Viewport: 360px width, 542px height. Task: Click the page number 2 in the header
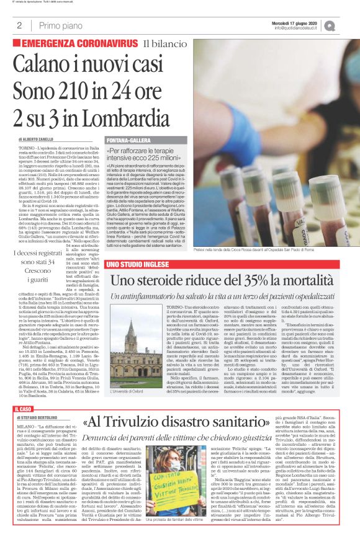[19, 25]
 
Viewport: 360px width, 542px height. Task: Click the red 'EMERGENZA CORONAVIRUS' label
[79, 43]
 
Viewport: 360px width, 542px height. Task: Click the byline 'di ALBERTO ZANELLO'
[41, 140]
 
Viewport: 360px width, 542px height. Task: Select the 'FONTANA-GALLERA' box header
[129, 140]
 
